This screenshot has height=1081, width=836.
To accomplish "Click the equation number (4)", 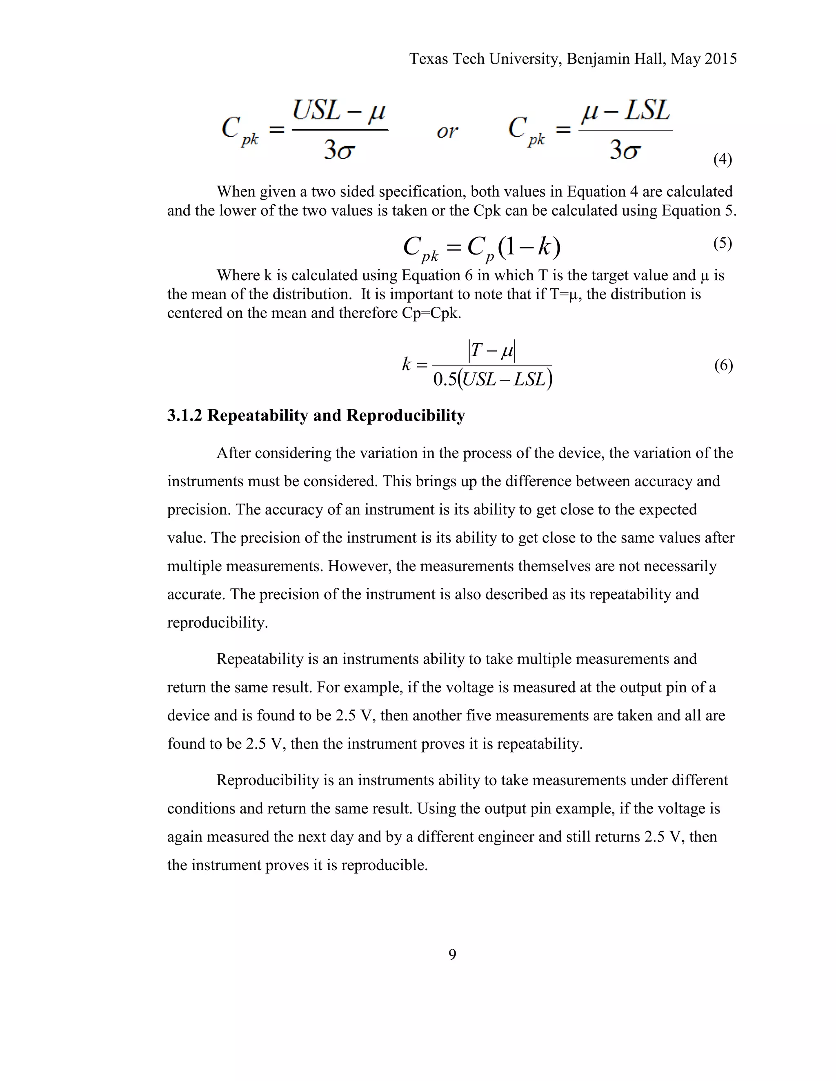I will (723, 159).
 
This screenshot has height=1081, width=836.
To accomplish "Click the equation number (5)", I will (723, 243).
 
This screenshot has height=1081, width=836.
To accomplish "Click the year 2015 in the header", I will (720, 59).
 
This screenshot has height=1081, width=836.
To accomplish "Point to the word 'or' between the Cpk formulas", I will (447, 131).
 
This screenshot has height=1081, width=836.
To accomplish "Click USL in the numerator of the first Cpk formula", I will (316, 111).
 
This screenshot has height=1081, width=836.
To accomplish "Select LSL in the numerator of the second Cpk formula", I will (647, 111).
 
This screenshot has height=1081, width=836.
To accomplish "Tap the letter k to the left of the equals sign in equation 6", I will (407, 365).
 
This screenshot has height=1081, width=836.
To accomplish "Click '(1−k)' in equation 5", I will (529, 246).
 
